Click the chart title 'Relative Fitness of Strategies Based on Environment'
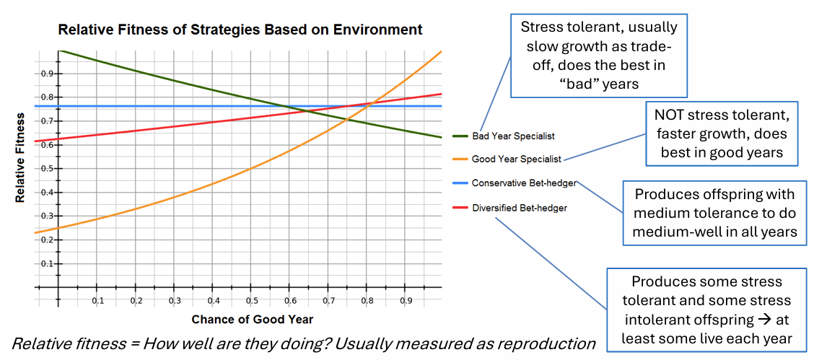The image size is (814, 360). click(240, 30)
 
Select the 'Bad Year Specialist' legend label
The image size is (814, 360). click(513, 136)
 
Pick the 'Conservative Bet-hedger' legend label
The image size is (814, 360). click(524, 183)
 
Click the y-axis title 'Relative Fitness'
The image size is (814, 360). click(21, 157)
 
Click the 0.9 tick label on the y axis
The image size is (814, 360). click(47, 74)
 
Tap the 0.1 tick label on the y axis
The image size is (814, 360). click(47, 264)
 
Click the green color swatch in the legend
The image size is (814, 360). click(460, 136)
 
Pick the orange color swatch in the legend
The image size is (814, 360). click(460, 159)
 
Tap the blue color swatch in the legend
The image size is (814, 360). click(460, 183)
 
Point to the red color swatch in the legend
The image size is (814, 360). click(460, 208)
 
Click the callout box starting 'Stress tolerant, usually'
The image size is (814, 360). click(598, 56)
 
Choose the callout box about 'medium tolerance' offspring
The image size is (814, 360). click(714, 213)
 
